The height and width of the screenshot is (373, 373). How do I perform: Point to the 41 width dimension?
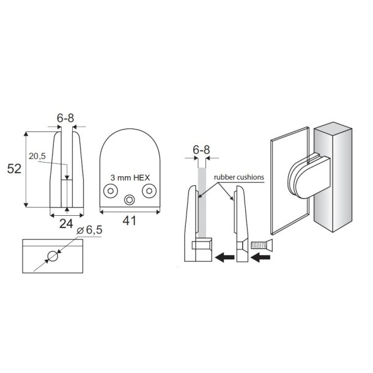[129, 221]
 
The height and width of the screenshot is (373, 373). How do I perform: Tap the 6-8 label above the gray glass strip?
[201, 150]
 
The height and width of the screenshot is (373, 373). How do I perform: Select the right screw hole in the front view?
[149, 191]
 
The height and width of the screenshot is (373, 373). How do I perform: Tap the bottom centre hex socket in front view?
[130, 200]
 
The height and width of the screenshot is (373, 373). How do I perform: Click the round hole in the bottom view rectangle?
[53, 257]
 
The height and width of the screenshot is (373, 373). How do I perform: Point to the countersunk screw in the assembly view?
[260, 246]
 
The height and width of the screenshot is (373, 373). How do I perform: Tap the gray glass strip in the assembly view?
[201, 202]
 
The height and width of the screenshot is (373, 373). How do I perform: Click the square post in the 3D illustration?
[333, 183]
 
